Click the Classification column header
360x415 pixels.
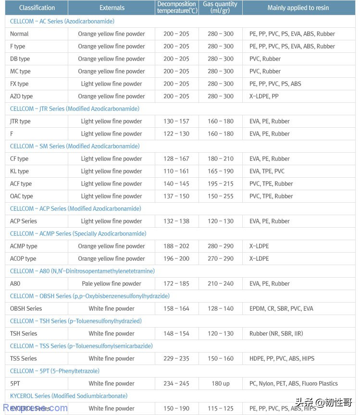pos(37,8)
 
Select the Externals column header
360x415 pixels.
pos(112,8)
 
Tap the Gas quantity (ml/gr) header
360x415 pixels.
pos(220,7)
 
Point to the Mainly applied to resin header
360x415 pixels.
pos(298,8)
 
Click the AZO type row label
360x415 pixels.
pos(22,96)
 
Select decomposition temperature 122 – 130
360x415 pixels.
pos(176,134)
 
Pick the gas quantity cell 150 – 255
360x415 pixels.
pos(221,196)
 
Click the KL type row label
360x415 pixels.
pos(19,171)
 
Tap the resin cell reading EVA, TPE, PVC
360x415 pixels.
pos(267,171)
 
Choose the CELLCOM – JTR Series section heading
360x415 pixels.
pos(74,109)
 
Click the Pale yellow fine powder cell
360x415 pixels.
pos(112,283)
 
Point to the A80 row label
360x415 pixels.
pos(15,283)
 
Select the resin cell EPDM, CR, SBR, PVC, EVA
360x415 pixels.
pos(281,308)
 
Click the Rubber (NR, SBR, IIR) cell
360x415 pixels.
pos(276,333)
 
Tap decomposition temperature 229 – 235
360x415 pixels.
pos(176,358)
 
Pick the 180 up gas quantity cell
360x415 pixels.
pos(221,383)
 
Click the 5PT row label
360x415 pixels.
pos(15,383)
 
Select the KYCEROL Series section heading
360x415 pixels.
pos(69,396)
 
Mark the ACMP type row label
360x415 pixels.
pos(24,246)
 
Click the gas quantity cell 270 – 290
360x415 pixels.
pos(221,258)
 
